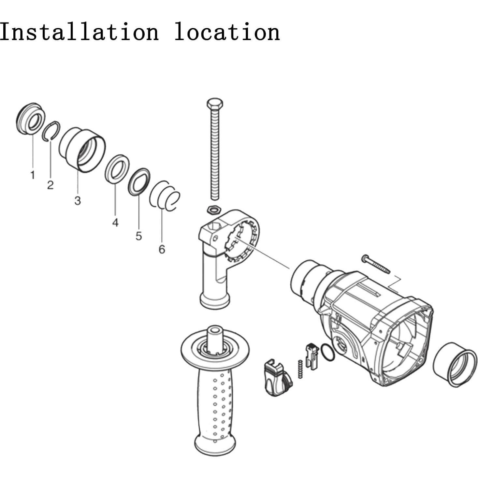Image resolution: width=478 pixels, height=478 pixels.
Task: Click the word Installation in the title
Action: point(79,32)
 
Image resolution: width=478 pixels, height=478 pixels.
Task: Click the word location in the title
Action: point(227,32)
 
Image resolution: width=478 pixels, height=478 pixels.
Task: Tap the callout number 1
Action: point(33,175)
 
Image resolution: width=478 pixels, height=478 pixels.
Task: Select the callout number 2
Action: point(50,185)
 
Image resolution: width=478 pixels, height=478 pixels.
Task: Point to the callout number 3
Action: point(77,201)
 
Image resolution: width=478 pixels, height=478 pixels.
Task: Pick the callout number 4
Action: point(115,223)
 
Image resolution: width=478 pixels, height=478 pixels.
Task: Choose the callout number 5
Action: point(139,236)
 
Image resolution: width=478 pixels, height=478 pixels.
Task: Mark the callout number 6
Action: point(162,249)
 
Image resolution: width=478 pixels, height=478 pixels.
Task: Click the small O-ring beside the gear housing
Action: point(327,353)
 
